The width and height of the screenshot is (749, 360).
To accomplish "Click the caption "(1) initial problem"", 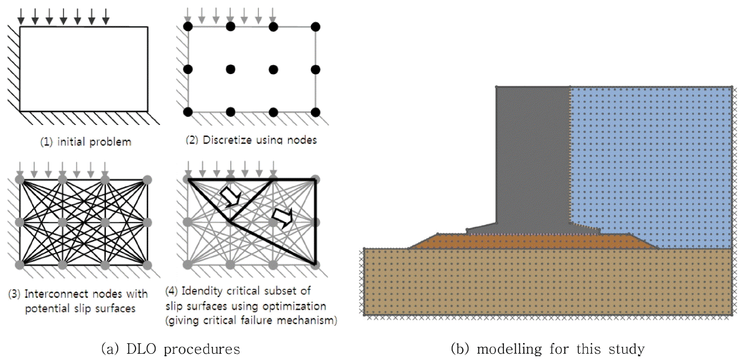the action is point(86,142).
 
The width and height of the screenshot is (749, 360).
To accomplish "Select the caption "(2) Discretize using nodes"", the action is point(251,140).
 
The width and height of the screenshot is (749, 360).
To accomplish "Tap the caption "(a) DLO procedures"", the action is point(170,349).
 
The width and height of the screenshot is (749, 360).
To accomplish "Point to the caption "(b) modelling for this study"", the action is point(547,349).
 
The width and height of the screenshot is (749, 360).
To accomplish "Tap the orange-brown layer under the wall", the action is point(533,241).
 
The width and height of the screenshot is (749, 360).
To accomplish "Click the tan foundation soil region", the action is point(547,282).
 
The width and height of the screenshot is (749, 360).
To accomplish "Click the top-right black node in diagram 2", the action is point(315,27).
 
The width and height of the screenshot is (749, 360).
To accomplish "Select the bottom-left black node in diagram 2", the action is point(188,112).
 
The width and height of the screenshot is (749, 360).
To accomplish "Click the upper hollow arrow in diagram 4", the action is point(231,196).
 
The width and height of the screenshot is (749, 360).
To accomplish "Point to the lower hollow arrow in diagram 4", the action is point(282,217).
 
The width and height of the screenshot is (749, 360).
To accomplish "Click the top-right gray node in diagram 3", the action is point(147,180).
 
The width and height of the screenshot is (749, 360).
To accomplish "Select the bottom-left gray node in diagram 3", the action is point(20,265).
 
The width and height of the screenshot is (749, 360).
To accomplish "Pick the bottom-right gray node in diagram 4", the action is point(315,265).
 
